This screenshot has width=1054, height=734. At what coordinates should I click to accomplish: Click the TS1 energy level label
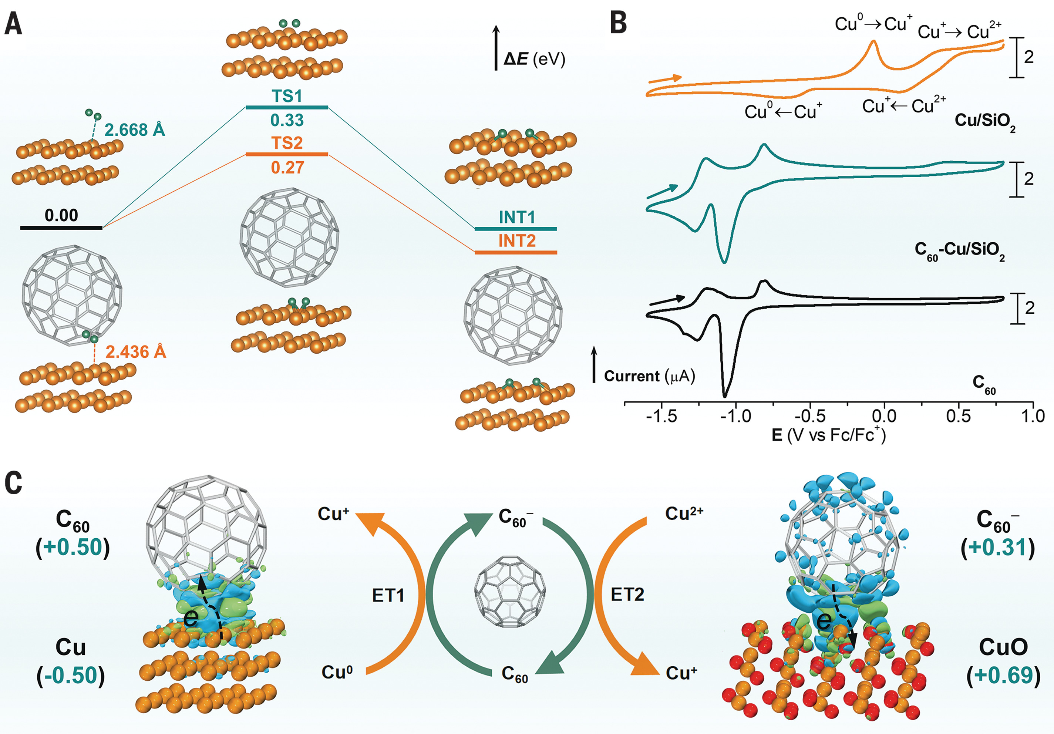[287, 97]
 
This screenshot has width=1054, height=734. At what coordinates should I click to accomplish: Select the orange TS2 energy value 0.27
[287, 168]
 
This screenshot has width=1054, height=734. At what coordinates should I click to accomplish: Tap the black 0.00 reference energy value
[61, 215]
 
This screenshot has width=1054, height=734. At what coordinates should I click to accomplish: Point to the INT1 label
[517, 217]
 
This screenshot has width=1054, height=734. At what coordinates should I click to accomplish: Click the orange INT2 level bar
[515, 252]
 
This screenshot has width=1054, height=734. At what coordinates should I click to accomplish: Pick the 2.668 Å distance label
[135, 130]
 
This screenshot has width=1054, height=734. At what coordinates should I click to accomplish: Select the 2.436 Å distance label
[136, 352]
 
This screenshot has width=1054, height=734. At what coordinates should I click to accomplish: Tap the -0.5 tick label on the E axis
[810, 416]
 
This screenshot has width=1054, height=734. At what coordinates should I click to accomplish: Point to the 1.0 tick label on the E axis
[1033, 416]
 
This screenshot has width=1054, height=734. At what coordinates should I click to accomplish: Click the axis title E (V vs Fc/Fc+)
[829, 435]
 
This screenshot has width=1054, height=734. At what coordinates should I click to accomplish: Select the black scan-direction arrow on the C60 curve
[667, 300]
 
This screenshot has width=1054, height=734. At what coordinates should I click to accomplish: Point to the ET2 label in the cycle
[627, 595]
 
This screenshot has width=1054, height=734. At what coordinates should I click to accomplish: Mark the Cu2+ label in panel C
[684, 513]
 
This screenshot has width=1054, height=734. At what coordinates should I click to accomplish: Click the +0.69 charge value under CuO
[1004, 675]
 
